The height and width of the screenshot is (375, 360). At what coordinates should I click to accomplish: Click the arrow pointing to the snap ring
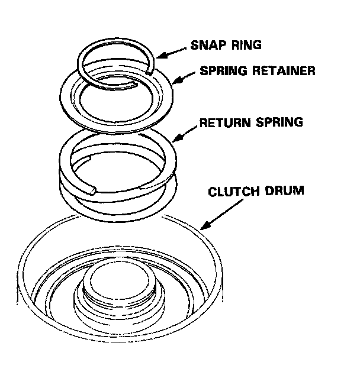[x=170, y=52]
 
